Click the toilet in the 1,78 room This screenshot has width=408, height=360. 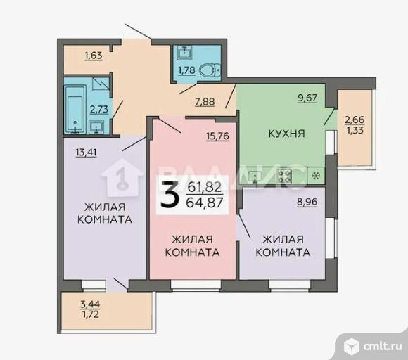[210, 70]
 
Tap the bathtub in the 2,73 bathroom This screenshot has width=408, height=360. [75, 109]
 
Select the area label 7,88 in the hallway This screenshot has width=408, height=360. [205, 101]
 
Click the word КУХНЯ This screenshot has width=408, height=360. [286, 134]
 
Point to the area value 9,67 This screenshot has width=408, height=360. [307, 98]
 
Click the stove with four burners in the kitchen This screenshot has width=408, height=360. [285, 176]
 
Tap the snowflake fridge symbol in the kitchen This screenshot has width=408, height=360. [316, 176]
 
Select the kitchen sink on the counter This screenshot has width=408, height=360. [255, 176]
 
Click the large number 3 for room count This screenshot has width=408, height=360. [170, 195]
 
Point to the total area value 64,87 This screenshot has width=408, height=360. [205, 202]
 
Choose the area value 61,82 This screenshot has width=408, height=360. [205, 187]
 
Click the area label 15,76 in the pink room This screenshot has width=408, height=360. [218, 136]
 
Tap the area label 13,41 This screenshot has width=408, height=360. [86, 152]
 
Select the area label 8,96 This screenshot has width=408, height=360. [307, 202]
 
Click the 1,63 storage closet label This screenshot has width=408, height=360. [94, 56]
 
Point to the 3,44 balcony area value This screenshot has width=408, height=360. [90, 304]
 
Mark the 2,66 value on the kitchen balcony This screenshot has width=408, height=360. [355, 120]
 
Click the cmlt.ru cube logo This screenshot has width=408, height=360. [352, 347]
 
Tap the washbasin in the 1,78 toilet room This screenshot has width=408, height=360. [184, 53]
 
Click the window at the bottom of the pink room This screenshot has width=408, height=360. [196, 285]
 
